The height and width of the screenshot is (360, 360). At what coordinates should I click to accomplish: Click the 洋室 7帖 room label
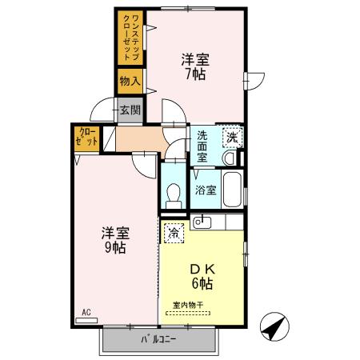tap(195, 66)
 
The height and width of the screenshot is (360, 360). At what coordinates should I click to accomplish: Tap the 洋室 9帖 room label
tap(115, 240)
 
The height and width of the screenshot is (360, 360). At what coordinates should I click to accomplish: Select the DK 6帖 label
tap(202, 277)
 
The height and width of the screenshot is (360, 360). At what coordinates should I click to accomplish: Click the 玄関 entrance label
tap(130, 110)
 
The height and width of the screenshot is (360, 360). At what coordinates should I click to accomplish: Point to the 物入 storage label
tap(130, 81)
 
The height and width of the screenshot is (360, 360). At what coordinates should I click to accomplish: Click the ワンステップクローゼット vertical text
tap(131, 38)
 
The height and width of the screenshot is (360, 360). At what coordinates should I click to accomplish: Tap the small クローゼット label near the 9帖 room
tap(86, 137)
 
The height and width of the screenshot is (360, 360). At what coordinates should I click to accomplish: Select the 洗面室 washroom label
tap(202, 146)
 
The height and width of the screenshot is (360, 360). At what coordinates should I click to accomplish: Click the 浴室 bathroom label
tap(206, 190)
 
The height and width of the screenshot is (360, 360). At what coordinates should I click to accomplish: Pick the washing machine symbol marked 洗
tap(233, 138)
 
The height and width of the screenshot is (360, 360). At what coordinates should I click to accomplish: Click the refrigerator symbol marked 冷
tap(174, 233)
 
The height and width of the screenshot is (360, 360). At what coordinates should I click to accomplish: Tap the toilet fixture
tap(174, 196)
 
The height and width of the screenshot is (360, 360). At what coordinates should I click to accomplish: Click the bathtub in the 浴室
tap(232, 190)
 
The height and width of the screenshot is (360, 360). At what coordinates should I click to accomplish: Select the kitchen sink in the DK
tap(202, 222)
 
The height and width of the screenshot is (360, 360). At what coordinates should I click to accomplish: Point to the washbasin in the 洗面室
tap(230, 158)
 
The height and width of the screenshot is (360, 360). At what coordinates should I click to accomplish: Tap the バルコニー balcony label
tap(158, 339)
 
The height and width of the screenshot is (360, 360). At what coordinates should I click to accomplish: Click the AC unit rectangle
tap(86, 321)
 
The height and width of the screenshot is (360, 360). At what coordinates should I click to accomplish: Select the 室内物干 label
tap(188, 305)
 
